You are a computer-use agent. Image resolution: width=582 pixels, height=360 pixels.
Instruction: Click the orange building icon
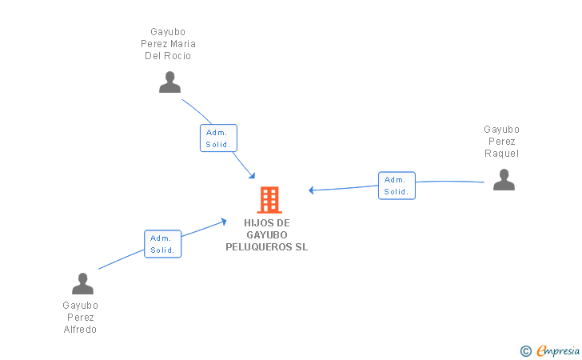click(269, 199)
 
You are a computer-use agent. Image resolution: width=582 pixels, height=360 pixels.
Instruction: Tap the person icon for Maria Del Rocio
click(169, 82)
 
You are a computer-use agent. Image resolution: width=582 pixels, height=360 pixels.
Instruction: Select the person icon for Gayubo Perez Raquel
click(504, 180)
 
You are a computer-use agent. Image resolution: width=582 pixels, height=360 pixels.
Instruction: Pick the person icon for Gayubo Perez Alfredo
click(82, 284)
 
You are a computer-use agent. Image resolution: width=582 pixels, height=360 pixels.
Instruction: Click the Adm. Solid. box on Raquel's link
click(397, 186)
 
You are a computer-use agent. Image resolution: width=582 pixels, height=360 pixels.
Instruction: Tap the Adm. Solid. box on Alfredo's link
click(163, 244)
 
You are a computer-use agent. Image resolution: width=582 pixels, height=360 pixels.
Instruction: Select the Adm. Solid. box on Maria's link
click(218, 138)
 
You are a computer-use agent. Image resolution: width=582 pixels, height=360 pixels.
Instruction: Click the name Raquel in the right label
click(501, 154)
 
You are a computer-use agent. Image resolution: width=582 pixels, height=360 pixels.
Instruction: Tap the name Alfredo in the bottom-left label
click(80, 330)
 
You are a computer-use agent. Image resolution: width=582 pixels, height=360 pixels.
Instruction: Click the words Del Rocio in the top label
click(168, 56)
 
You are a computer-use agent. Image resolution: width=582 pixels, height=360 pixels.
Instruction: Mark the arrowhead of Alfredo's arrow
click(224, 221)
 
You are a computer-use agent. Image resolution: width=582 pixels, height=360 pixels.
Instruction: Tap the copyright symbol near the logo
click(525, 350)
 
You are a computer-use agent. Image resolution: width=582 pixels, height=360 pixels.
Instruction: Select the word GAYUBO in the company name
click(267, 235)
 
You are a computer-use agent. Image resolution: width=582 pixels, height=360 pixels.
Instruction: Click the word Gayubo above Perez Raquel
click(501, 130)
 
